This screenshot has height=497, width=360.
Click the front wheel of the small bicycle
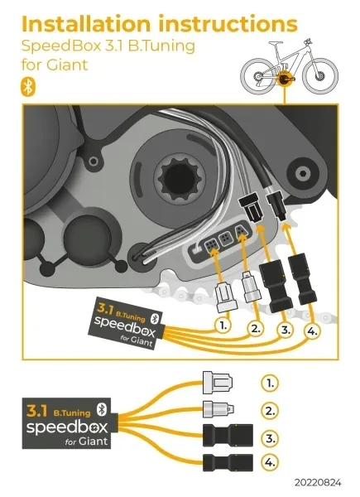[321, 76]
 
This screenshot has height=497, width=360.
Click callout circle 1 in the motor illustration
[223, 326]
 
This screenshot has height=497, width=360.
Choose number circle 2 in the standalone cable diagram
[269, 409]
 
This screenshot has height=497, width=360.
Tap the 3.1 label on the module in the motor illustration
[106, 309]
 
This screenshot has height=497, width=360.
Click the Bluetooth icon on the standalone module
[102, 407]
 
